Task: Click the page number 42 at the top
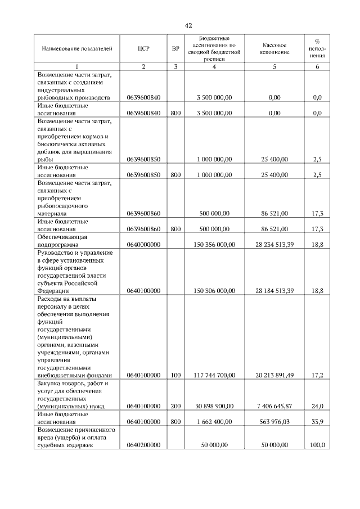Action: pos(188,26)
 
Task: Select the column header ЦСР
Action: pos(143,49)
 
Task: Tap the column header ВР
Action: pos(175,49)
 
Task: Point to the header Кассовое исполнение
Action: pos(274,49)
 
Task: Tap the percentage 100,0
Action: pos(317,445)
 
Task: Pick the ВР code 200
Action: pos(175,406)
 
